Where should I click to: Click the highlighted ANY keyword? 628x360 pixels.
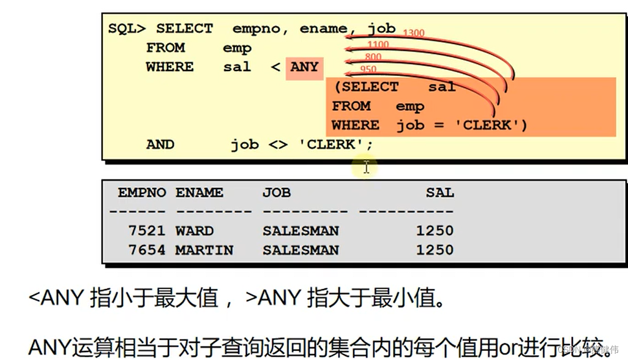coord(304,67)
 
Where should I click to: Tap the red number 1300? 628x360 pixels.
coord(413,34)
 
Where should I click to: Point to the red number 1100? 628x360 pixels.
coord(378,45)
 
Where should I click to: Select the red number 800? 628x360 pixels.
coord(373,57)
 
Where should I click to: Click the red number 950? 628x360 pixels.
coord(368,69)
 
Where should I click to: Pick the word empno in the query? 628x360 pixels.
coord(255,29)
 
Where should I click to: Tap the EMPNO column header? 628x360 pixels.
coord(141,193)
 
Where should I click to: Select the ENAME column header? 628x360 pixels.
coord(199,193)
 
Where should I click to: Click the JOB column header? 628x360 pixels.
coord(277,193)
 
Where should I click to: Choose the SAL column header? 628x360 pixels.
coord(440,193)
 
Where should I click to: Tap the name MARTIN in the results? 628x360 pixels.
coord(204,250)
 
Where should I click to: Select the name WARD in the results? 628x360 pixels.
coord(195,231)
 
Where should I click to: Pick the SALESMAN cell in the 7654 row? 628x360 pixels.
coord(301,250)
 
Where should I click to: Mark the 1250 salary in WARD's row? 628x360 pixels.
coord(435,231)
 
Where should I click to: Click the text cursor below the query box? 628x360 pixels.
coord(366,167)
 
